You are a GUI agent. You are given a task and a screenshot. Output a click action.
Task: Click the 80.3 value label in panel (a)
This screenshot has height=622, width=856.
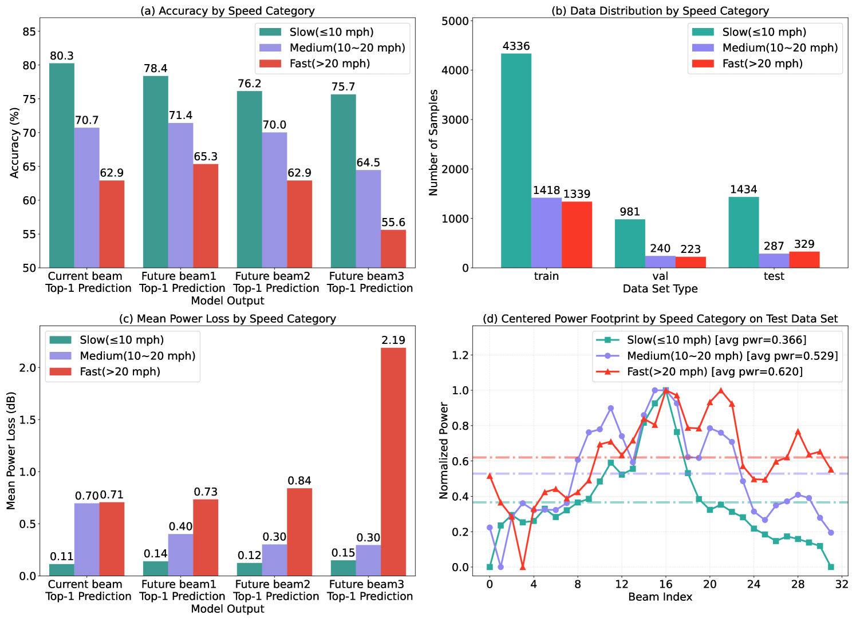pos(61,56)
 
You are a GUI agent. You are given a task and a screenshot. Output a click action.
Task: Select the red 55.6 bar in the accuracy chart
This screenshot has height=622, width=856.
pos(393,248)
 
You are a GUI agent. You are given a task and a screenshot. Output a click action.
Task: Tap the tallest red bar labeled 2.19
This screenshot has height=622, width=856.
pos(393,461)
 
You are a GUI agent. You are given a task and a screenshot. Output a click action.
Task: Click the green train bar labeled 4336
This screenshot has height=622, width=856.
pos(516,160)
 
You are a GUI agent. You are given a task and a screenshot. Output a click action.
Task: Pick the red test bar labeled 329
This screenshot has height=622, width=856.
pos(804,259)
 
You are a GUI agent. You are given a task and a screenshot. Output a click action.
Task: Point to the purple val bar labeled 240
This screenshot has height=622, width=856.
pos(660,262)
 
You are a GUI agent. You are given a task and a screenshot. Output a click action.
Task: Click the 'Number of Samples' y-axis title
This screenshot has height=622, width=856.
pos(433,142)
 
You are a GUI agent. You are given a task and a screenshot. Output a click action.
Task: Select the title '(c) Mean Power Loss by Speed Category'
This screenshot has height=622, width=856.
pos(227,319)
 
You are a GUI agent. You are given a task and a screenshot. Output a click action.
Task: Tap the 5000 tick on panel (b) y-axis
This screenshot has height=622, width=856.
pos(455,21)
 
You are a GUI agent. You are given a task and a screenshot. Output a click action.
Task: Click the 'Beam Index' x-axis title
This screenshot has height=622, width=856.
pos(660,597)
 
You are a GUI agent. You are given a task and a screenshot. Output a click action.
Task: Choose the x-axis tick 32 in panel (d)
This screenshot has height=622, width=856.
pos(842,584)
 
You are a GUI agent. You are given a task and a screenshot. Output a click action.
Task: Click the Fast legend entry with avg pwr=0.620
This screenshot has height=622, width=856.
pos(714,371)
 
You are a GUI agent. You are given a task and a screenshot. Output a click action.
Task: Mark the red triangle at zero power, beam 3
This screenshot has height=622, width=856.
pos(522,566)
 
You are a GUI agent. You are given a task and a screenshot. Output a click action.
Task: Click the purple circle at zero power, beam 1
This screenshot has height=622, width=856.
pos(500,566)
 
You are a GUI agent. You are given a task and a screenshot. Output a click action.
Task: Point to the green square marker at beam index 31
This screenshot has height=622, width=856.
pos(831,566)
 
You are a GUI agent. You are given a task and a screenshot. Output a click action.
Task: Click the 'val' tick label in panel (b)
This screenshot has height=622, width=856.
pos(660,276)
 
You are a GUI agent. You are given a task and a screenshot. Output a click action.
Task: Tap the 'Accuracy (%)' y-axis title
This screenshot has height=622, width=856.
pos(15,142)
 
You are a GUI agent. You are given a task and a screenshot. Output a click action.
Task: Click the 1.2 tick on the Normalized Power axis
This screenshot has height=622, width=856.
pos(460,355)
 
